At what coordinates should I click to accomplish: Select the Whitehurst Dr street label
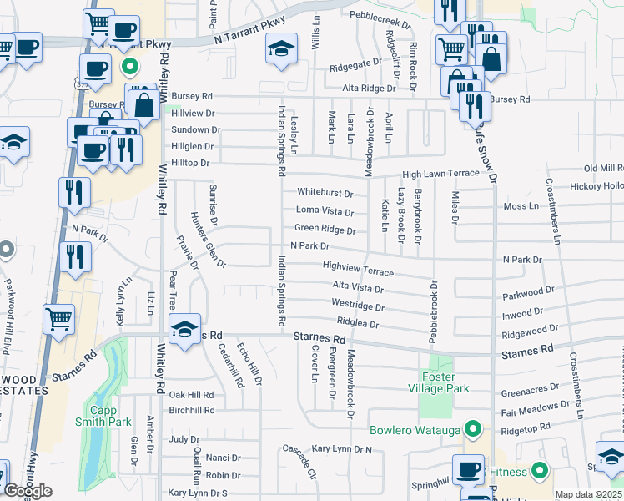tap(325, 193)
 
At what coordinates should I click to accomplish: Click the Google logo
tap(28, 491)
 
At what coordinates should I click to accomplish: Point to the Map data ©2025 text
tap(588, 494)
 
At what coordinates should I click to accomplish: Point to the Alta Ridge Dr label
tap(368, 88)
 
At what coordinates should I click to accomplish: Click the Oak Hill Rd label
tap(191, 394)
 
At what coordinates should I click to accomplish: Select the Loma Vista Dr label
tap(325, 211)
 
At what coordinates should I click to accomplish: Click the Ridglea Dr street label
tap(358, 323)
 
